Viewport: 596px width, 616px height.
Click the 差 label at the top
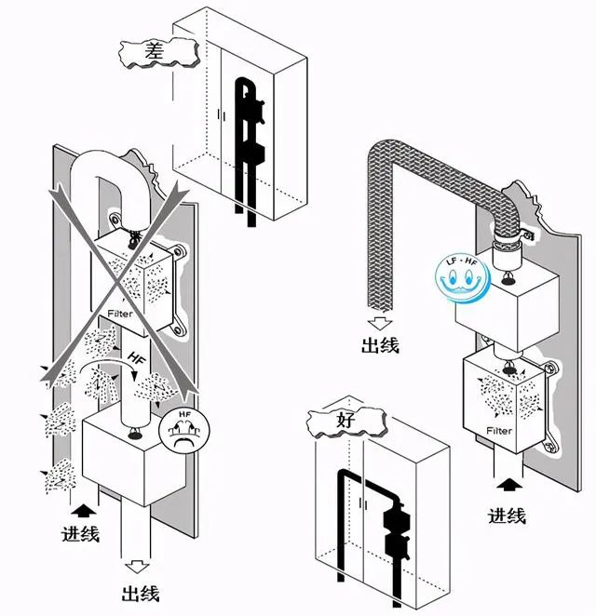pos(155,53)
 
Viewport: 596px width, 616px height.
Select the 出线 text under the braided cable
pos(379,345)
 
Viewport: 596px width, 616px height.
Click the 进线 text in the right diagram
pos(507,516)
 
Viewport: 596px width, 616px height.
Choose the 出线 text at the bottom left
pos(140,593)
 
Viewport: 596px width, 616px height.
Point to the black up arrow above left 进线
pos(82,509)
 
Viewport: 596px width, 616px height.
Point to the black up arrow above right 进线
pos(508,485)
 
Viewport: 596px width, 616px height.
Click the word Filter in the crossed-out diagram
pos(120,314)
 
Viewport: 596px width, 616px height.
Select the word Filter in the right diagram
pos(499,432)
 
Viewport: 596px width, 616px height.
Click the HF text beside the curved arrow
pos(137,359)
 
